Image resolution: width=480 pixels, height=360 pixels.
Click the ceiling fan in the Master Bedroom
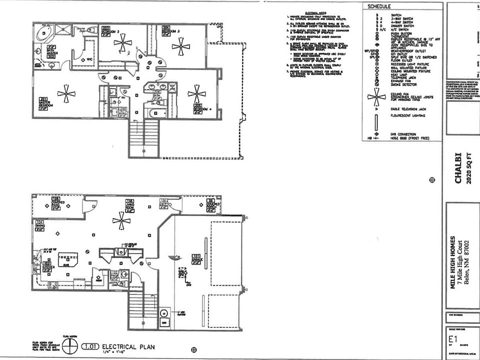click(63, 93)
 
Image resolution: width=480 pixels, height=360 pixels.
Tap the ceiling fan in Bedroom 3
click(180, 46)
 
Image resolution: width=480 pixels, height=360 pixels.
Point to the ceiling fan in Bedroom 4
click(196, 93)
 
